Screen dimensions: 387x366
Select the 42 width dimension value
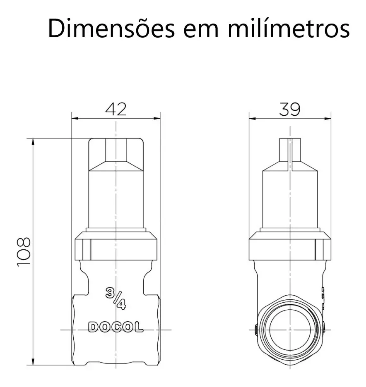[116, 109]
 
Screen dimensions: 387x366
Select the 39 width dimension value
[290, 109]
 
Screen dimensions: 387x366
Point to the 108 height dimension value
[24, 252]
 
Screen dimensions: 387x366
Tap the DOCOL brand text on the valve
[116, 327]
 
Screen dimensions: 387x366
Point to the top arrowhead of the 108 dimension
[33, 142]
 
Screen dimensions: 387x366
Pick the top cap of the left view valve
[116, 153]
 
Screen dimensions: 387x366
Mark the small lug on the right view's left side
[255, 330]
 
